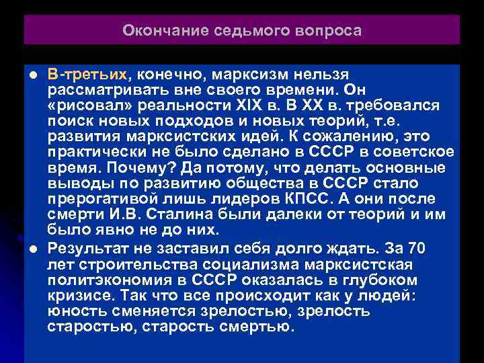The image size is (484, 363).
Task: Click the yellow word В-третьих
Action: tap(86, 72)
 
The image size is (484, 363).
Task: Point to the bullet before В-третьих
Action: tap(32, 73)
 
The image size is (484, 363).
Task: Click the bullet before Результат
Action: tap(32, 249)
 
